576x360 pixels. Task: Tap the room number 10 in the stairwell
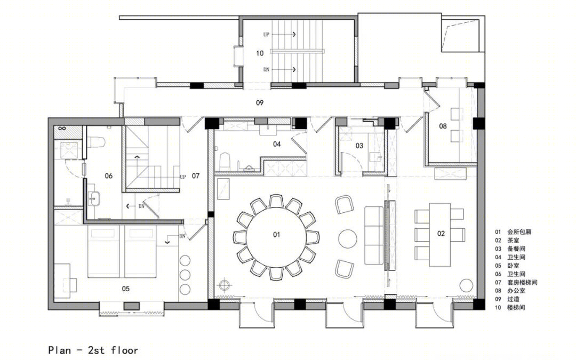click(260, 53)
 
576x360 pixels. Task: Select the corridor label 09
click(260, 102)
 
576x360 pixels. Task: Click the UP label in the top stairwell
click(266, 35)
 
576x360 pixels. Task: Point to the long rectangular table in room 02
click(439, 234)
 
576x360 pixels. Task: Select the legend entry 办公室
click(516, 291)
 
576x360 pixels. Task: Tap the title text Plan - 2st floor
click(93, 350)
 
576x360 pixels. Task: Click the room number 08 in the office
click(443, 126)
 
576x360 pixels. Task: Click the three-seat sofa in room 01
click(374, 236)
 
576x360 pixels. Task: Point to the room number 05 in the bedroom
click(126, 289)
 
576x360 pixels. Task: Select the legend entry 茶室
click(513, 240)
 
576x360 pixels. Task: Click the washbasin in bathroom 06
click(93, 199)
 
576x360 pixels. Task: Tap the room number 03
click(359, 146)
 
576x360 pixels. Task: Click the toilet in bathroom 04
click(225, 162)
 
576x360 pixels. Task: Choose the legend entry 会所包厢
click(519, 232)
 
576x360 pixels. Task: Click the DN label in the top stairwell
click(266, 69)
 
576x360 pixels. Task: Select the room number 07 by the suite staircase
click(196, 176)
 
